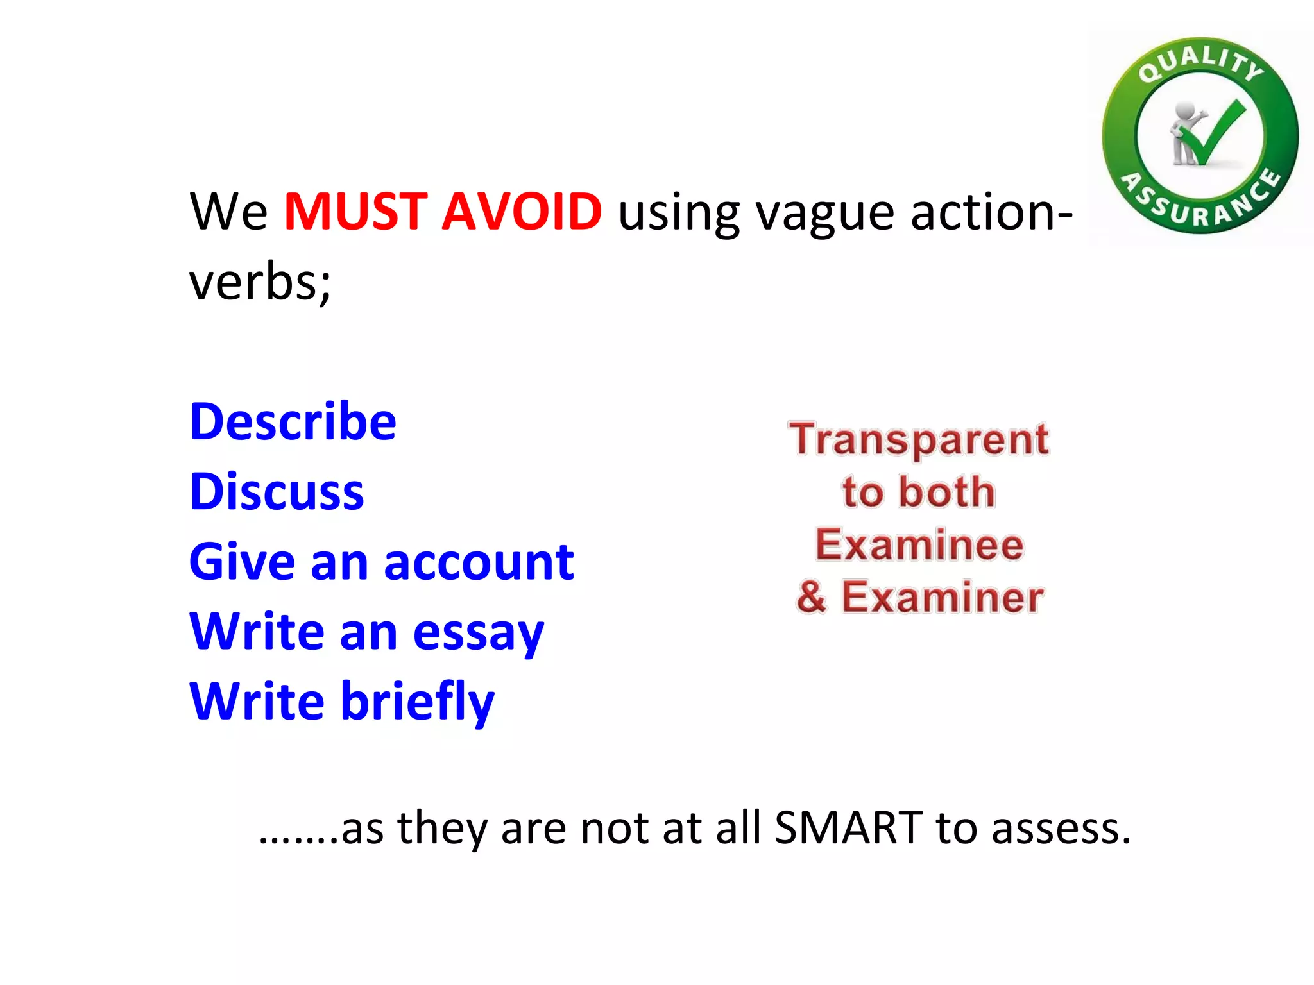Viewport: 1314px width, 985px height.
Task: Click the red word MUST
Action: click(x=355, y=212)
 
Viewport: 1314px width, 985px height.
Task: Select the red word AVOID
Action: click(x=521, y=212)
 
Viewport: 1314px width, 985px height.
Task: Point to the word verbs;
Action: click(x=260, y=282)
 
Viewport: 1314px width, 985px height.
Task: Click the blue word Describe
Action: click(x=293, y=422)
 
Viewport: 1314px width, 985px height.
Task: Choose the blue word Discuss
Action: click(x=277, y=492)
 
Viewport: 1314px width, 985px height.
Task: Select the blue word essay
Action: click(x=478, y=634)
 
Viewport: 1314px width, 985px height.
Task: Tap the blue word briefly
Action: click(x=417, y=702)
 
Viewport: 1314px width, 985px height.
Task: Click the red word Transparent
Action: click(x=919, y=440)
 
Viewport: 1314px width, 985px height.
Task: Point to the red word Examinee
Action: click(x=919, y=545)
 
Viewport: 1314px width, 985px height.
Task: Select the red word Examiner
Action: click(x=942, y=598)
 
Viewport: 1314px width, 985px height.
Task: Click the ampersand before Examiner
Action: click(x=812, y=598)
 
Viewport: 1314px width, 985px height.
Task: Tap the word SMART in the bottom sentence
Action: click(x=848, y=828)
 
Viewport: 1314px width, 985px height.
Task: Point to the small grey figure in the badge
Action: click(x=1184, y=131)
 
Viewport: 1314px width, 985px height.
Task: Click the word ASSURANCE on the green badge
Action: click(x=1200, y=204)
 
